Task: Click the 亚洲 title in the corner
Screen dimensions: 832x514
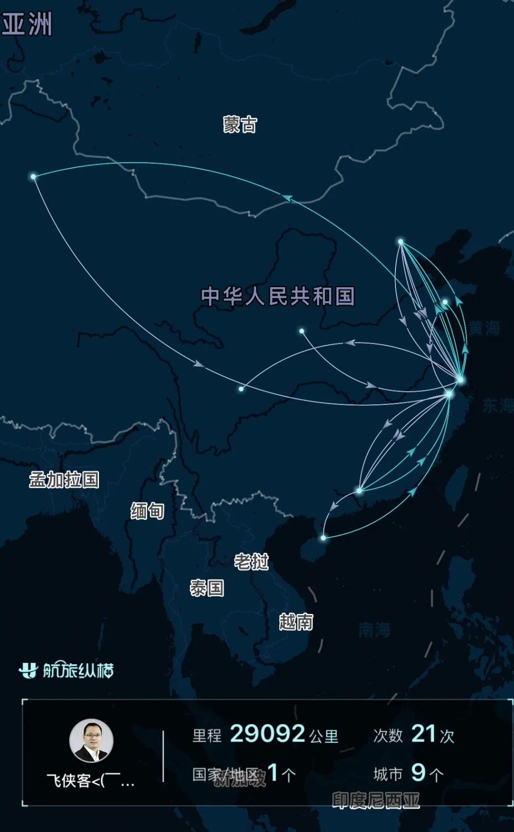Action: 27,24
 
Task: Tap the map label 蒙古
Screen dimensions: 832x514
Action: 240,125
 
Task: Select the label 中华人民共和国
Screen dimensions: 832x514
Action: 278,296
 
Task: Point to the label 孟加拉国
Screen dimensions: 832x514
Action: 64,480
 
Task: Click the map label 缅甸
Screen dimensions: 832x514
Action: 148,511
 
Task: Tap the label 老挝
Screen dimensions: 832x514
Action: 251,562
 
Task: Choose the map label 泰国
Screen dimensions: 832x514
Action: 207,588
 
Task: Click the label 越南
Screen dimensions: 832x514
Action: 296,622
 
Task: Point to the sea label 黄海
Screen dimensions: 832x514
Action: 484,328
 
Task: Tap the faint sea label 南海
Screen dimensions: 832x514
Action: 375,630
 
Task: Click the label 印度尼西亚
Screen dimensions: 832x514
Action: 376,800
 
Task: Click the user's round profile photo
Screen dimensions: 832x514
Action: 91,741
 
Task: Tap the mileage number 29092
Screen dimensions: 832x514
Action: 267,734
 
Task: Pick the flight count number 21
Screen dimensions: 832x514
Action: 424,734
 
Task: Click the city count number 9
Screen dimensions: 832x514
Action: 418,772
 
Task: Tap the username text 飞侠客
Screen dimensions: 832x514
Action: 69,781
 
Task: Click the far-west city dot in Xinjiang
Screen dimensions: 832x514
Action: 33,177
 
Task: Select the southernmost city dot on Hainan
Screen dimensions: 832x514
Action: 324,538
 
